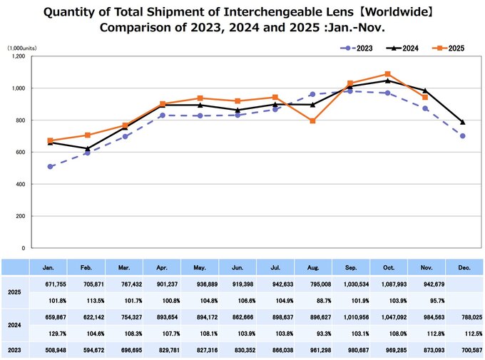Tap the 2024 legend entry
click(x=406, y=48)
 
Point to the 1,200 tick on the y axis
click(x=19, y=56)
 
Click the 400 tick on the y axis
click(x=21, y=184)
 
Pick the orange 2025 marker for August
click(x=313, y=121)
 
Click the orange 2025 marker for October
click(x=387, y=74)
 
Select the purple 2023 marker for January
click(x=50, y=167)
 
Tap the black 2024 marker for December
click(x=463, y=122)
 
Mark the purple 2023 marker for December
click(x=463, y=136)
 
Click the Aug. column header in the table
click(x=312, y=268)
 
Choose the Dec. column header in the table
click(x=462, y=268)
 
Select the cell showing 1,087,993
click(x=387, y=285)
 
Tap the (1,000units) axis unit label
click(x=23, y=47)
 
